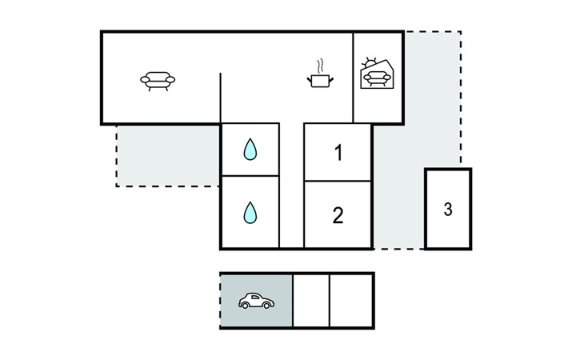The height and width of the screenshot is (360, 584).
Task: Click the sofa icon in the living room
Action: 158,81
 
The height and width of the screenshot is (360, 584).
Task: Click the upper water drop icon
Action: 250,150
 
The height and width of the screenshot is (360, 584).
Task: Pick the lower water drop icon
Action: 250,213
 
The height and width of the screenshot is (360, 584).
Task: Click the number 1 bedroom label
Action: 338,153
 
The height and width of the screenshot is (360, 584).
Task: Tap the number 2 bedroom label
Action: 338,215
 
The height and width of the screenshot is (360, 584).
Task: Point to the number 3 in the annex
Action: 448,210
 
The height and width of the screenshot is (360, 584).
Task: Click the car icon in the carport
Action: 256,301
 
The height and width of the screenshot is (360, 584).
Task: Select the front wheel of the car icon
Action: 266,306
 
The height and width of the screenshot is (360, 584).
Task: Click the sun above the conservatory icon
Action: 370,62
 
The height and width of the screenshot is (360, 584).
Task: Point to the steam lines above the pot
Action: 320,66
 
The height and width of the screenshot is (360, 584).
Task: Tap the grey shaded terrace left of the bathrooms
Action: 168,156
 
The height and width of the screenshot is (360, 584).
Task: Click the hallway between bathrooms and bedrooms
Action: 292,186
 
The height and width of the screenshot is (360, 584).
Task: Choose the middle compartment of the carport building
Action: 311,301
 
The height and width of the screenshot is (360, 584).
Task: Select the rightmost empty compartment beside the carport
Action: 351,301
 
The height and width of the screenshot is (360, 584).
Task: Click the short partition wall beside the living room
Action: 221,98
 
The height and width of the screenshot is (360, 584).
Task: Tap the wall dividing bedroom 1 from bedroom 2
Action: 338,181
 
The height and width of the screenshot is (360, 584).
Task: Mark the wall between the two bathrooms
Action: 250,176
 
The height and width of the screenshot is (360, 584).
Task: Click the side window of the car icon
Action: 255,297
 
